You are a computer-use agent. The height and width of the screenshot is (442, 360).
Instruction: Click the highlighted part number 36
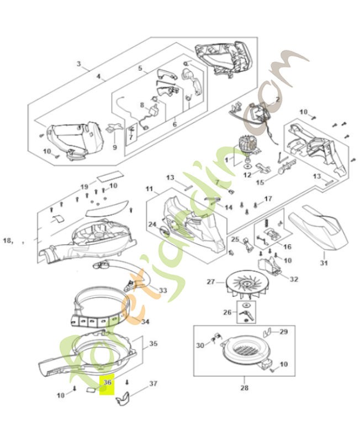tap(108, 382)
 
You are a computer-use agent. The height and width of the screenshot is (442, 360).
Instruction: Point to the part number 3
tap(78, 65)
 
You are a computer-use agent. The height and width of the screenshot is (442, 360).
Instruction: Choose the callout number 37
tap(153, 383)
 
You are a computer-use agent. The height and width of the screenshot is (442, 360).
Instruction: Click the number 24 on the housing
tap(152, 224)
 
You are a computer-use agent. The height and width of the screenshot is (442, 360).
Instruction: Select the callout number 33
tap(163, 290)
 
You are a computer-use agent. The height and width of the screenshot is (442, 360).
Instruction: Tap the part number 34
tap(145, 321)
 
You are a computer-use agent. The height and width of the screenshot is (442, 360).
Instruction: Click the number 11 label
tap(149, 189)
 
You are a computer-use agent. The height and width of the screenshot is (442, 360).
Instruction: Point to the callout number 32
tap(294, 279)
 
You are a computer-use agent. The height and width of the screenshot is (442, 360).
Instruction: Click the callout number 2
tap(277, 99)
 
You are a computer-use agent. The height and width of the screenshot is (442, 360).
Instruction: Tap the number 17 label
tap(268, 198)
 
